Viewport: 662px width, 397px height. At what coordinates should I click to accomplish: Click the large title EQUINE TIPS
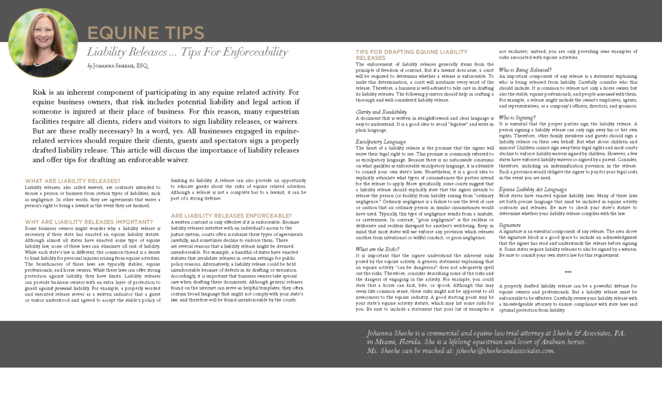[x=146, y=33]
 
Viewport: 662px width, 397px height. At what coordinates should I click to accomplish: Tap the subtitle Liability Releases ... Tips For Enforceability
[x=188, y=52]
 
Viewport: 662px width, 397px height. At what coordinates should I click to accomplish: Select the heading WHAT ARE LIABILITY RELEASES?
[x=73, y=181]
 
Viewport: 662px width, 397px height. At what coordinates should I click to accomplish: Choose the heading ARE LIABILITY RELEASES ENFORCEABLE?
[x=232, y=216]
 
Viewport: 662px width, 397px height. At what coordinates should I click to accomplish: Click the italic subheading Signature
[x=510, y=226]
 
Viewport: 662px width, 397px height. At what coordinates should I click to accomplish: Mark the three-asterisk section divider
[x=568, y=272]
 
